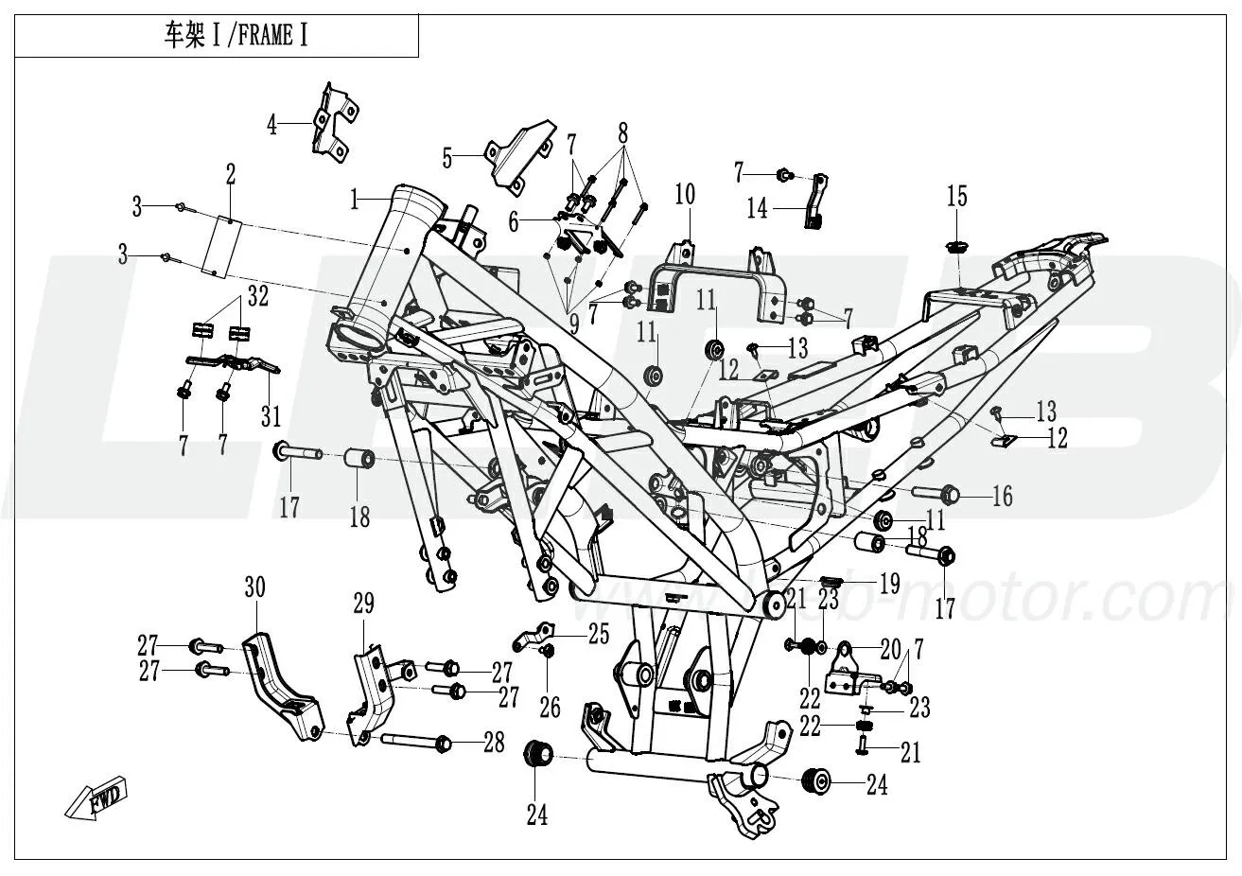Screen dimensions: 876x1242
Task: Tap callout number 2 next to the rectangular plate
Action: [x=230, y=173]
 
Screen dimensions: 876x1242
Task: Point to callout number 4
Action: [x=271, y=125]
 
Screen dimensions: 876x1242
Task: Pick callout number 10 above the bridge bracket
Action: [x=684, y=196]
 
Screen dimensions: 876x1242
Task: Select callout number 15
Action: [x=957, y=196]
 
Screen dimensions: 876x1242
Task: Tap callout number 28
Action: [x=494, y=744]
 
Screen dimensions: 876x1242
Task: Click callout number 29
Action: [x=364, y=603]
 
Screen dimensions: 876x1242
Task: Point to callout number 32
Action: [x=256, y=296]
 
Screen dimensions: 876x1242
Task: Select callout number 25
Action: [x=599, y=634]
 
